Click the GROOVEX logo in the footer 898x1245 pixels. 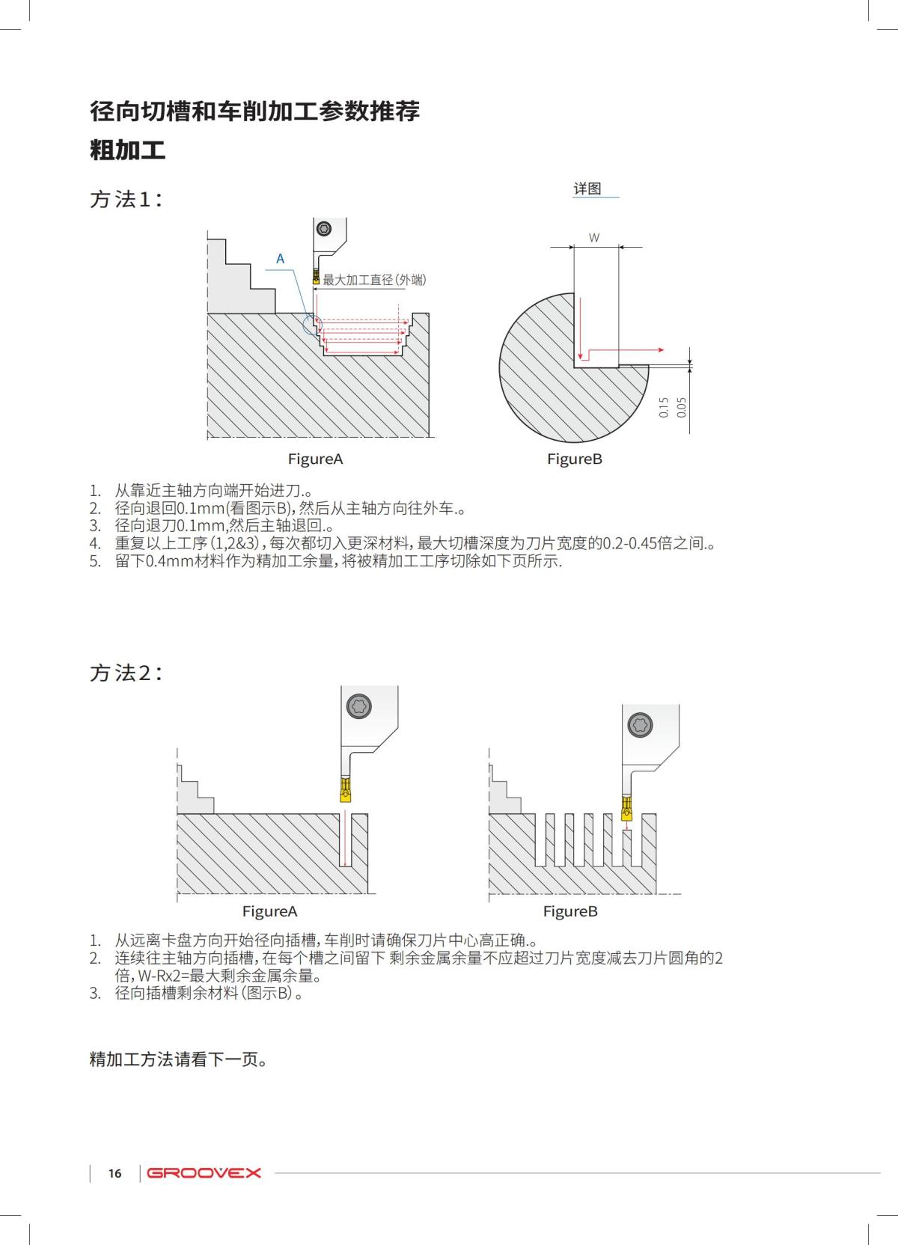(x=204, y=1172)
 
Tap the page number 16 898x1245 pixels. (x=114, y=1173)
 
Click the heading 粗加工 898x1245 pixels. (x=127, y=150)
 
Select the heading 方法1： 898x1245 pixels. (x=126, y=199)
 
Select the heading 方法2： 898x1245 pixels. (x=126, y=673)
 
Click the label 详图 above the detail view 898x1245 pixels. (x=587, y=189)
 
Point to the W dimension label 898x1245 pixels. (x=593, y=238)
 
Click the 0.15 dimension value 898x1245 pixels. (x=664, y=407)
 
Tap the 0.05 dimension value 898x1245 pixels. (x=681, y=407)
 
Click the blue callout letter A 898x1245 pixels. (x=281, y=259)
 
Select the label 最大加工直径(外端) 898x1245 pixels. (x=374, y=280)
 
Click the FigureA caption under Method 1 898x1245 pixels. (x=315, y=459)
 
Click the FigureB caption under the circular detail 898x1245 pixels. (x=574, y=459)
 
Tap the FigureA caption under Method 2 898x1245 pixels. (x=269, y=911)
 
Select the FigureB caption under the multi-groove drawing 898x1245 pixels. (x=570, y=911)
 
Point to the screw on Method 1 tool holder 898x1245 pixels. (x=324, y=228)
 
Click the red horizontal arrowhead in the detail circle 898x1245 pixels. (x=660, y=349)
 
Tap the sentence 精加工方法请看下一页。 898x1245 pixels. (x=179, y=1059)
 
